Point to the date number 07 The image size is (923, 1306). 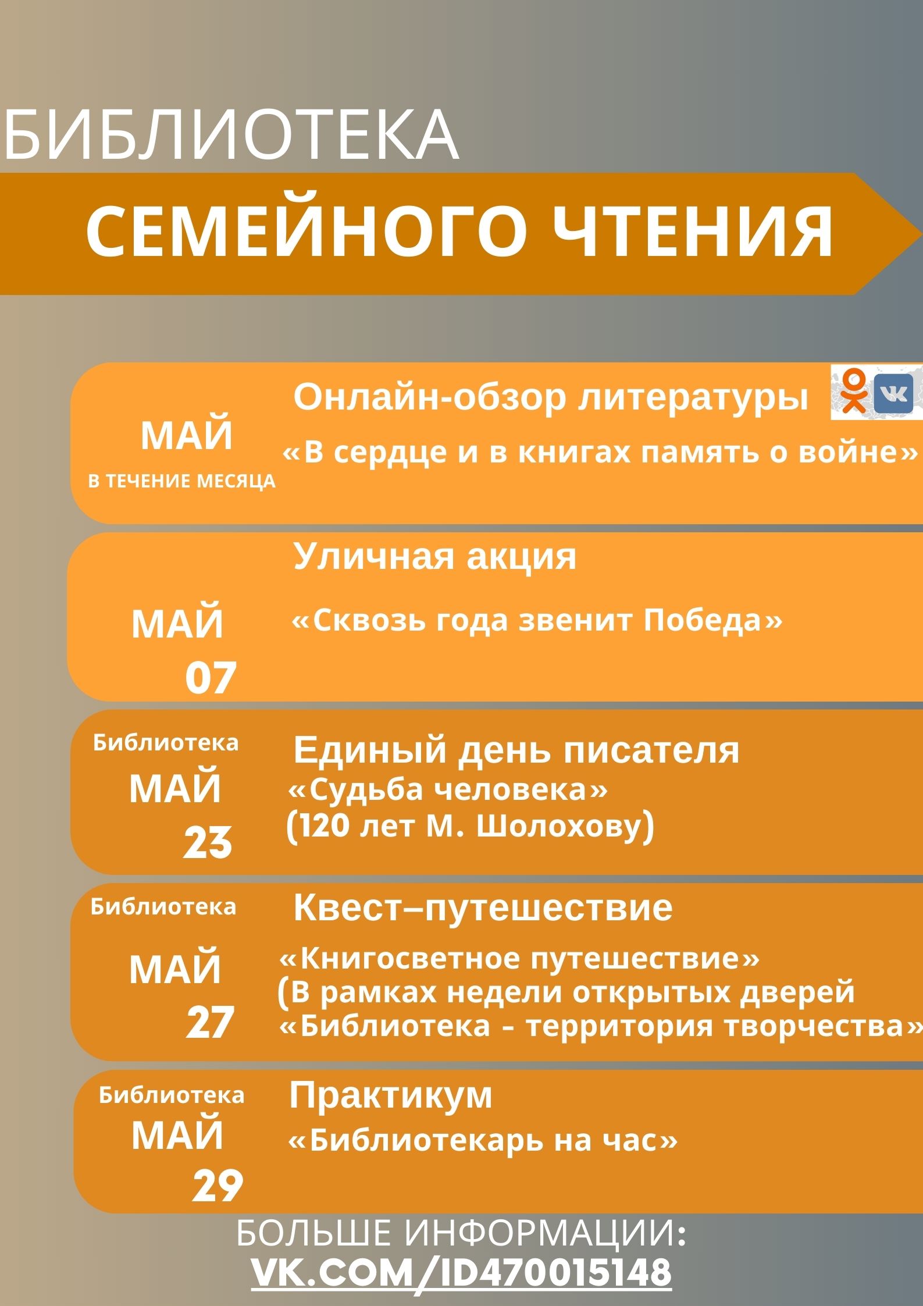[x=211, y=678]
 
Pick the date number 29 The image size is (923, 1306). [x=218, y=1169]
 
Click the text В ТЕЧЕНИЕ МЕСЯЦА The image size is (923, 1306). [x=182, y=481]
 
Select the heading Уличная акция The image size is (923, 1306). [x=434, y=557]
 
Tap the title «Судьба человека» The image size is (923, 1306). [x=448, y=790]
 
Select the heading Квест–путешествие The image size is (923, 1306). [x=483, y=908]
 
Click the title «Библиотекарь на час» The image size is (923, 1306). [x=483, y=1141]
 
